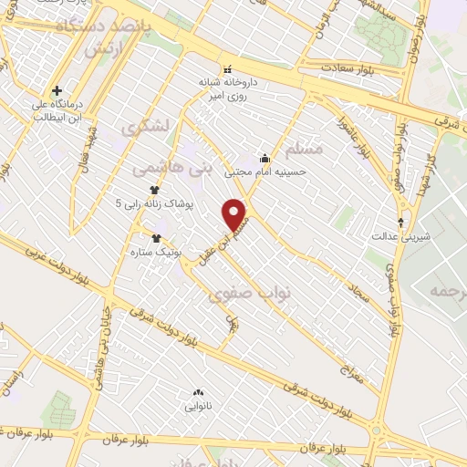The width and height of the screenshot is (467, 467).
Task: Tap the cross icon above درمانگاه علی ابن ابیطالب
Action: (x=57, y=91)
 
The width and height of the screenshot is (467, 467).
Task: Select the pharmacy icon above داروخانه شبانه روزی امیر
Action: (x=227, y=69)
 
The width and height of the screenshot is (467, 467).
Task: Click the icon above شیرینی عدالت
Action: (x=401, y=222)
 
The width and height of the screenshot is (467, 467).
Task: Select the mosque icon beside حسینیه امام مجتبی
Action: (x=265, y=157)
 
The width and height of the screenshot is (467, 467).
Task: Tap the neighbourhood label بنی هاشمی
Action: (x=171, y=168)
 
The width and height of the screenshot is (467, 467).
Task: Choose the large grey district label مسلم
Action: (x=305, y=146)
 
